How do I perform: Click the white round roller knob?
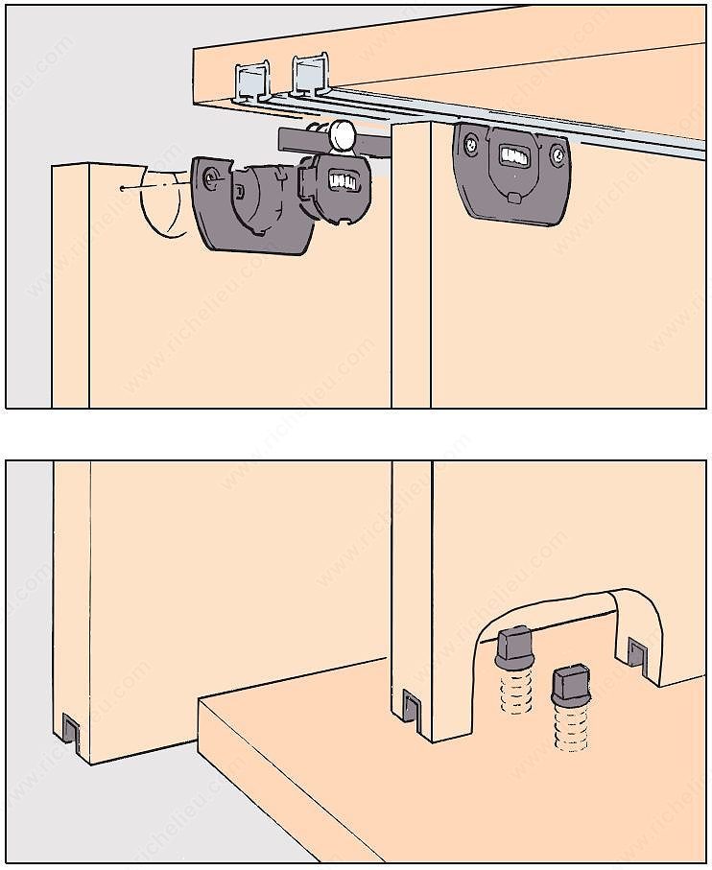coord(343,135)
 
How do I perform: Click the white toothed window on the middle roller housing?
coord(344,179)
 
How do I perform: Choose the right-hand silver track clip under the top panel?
coord(307,77)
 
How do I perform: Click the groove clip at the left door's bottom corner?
coord(70,731)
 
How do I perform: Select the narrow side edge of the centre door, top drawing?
coord(410,269)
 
